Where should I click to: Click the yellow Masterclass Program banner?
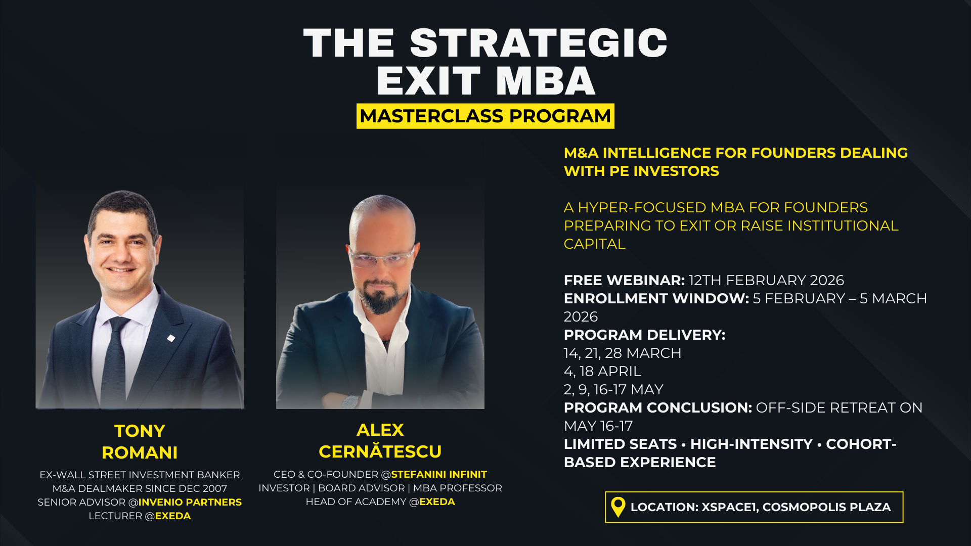[485, 116]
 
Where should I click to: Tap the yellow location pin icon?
[618, 507]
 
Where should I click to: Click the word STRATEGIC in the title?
[539, 43]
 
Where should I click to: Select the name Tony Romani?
[140, 441]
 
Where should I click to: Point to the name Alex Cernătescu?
[380, 440]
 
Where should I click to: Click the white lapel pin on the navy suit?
[171, 338]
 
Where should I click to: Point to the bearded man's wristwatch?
[349, 402]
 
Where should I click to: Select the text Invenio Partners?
[190, 502]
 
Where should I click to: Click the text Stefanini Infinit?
[439, 474]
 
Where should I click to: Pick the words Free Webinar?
[624, 280]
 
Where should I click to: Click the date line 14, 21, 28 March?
[623, 353]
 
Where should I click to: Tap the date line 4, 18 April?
[602, 371]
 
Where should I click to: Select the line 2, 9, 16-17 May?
[613, 389]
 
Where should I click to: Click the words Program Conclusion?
[658, 407]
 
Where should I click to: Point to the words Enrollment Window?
[656, 298]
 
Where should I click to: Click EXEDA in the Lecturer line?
[173, 516]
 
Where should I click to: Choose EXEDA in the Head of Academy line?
[437, 502]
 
